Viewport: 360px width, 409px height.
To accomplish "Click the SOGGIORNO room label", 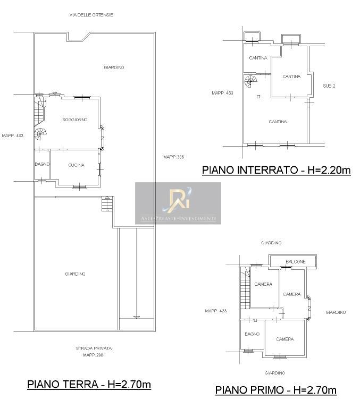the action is coord(75,120).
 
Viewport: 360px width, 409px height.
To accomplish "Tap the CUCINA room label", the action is coord(76,165).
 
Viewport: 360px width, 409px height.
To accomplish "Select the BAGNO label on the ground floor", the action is coord(43,164).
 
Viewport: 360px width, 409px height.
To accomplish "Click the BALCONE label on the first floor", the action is coord(296,262).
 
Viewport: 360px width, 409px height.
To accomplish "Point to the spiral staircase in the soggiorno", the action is coord(40,134).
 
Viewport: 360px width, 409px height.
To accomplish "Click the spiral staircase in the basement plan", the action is coord(250,81).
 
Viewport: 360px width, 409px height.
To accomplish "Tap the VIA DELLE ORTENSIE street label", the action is coord(91,15).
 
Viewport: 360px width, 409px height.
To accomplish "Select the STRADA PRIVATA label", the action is coord(94,348).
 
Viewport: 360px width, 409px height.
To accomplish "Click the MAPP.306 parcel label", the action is coord(173,157).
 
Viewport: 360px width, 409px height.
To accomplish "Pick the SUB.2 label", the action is coord(329,86).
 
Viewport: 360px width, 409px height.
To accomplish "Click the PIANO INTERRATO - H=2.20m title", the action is coord(277,170).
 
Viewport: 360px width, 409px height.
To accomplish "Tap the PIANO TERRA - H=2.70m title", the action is coord(89,385).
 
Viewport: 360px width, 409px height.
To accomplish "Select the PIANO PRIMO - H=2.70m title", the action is coord(275,390).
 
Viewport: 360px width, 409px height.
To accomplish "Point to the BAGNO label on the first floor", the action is coord(252,334).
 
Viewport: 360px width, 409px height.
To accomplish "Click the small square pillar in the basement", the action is coord(258,97).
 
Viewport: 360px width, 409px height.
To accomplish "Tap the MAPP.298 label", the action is coord(93,355).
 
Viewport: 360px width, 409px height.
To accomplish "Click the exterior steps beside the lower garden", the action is coord(107,204).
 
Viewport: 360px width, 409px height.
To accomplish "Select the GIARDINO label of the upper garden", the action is coord(114,67).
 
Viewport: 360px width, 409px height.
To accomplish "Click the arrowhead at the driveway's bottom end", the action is coord(137,317).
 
